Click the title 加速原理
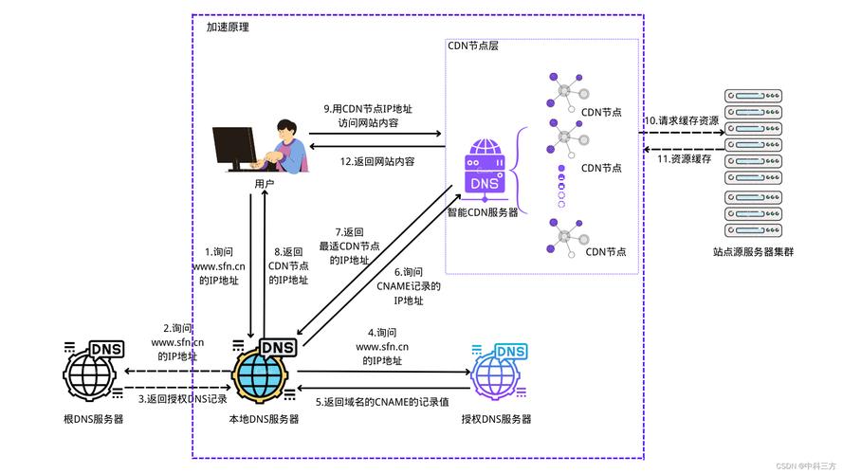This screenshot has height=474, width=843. pos(228,27)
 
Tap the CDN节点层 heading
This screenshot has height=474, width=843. pos(472,46)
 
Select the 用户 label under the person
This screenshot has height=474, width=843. pos(265,183)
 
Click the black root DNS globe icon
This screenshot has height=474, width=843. pos(92,373)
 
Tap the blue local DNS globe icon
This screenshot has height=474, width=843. pos(262,373)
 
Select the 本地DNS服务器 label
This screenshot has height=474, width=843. pos(264,419)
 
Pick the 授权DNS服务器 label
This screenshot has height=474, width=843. pos(496,419)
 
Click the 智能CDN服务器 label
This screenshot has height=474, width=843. pos(483,212)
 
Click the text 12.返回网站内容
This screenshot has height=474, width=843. pos(377,162)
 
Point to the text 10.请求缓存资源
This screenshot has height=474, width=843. pos(684,120)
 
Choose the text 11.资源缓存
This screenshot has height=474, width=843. pos(684,158)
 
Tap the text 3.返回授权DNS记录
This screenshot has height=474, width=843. pos(183,399)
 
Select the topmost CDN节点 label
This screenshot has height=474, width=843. pos(601,112)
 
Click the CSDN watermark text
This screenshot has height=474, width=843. pos(805,466)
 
